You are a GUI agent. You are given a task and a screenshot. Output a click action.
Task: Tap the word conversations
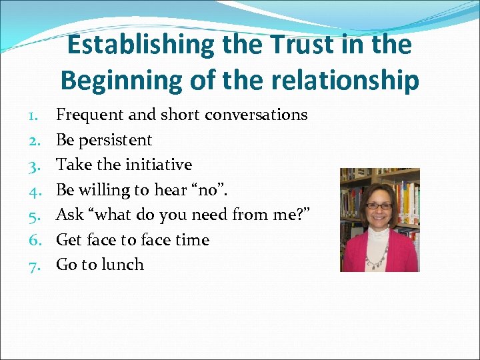coord(256,115)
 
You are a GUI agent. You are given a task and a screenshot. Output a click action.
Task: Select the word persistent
coord(115,140)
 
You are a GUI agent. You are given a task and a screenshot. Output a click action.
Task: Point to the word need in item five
coord(210,215)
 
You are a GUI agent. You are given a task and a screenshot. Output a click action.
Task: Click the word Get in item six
coord(68,240)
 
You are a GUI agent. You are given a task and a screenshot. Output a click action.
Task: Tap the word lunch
coord(121,265)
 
